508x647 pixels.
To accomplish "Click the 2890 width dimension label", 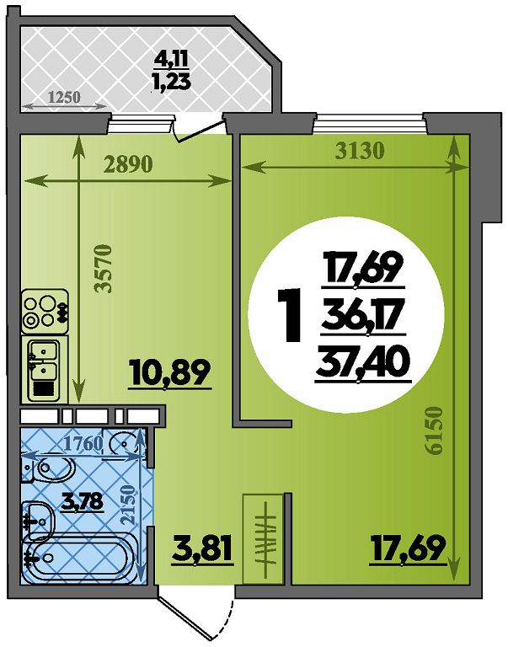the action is coord(128,164).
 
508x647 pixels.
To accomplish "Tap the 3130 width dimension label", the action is coord(360,151).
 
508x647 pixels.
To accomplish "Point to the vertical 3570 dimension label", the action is coord(103,269).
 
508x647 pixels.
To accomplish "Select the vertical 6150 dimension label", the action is coord(435,431).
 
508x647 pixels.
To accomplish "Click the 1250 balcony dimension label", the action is coord(64,97).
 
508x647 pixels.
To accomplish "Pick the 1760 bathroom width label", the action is coord(83,443).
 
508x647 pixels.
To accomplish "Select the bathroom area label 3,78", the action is coord(81,501).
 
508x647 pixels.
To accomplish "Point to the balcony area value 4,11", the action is coord(171,60).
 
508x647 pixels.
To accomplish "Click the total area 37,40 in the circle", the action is coord(363,364).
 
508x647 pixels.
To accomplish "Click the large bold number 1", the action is coord(290,315).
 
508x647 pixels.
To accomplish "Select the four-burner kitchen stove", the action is coord(45,311).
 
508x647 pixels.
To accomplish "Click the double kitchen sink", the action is coord(44,370).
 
